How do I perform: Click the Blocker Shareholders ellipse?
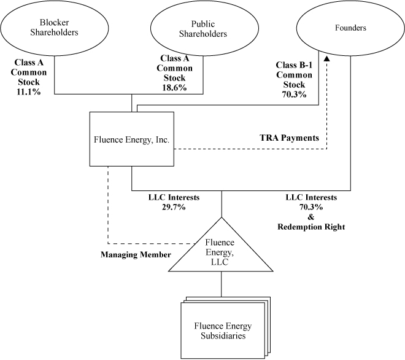click(55, 28)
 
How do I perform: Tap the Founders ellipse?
click(351, 28)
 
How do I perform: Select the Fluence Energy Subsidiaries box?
click(223, 330)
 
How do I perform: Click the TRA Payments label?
click(288, 138)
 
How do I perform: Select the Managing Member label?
click(136, 254)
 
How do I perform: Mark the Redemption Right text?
click(311, 227)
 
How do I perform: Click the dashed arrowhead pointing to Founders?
click(326, 58)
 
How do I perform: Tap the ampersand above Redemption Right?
click(311, 217)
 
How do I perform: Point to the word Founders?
click(351, 28)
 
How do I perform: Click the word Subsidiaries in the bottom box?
click(223, 335)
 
